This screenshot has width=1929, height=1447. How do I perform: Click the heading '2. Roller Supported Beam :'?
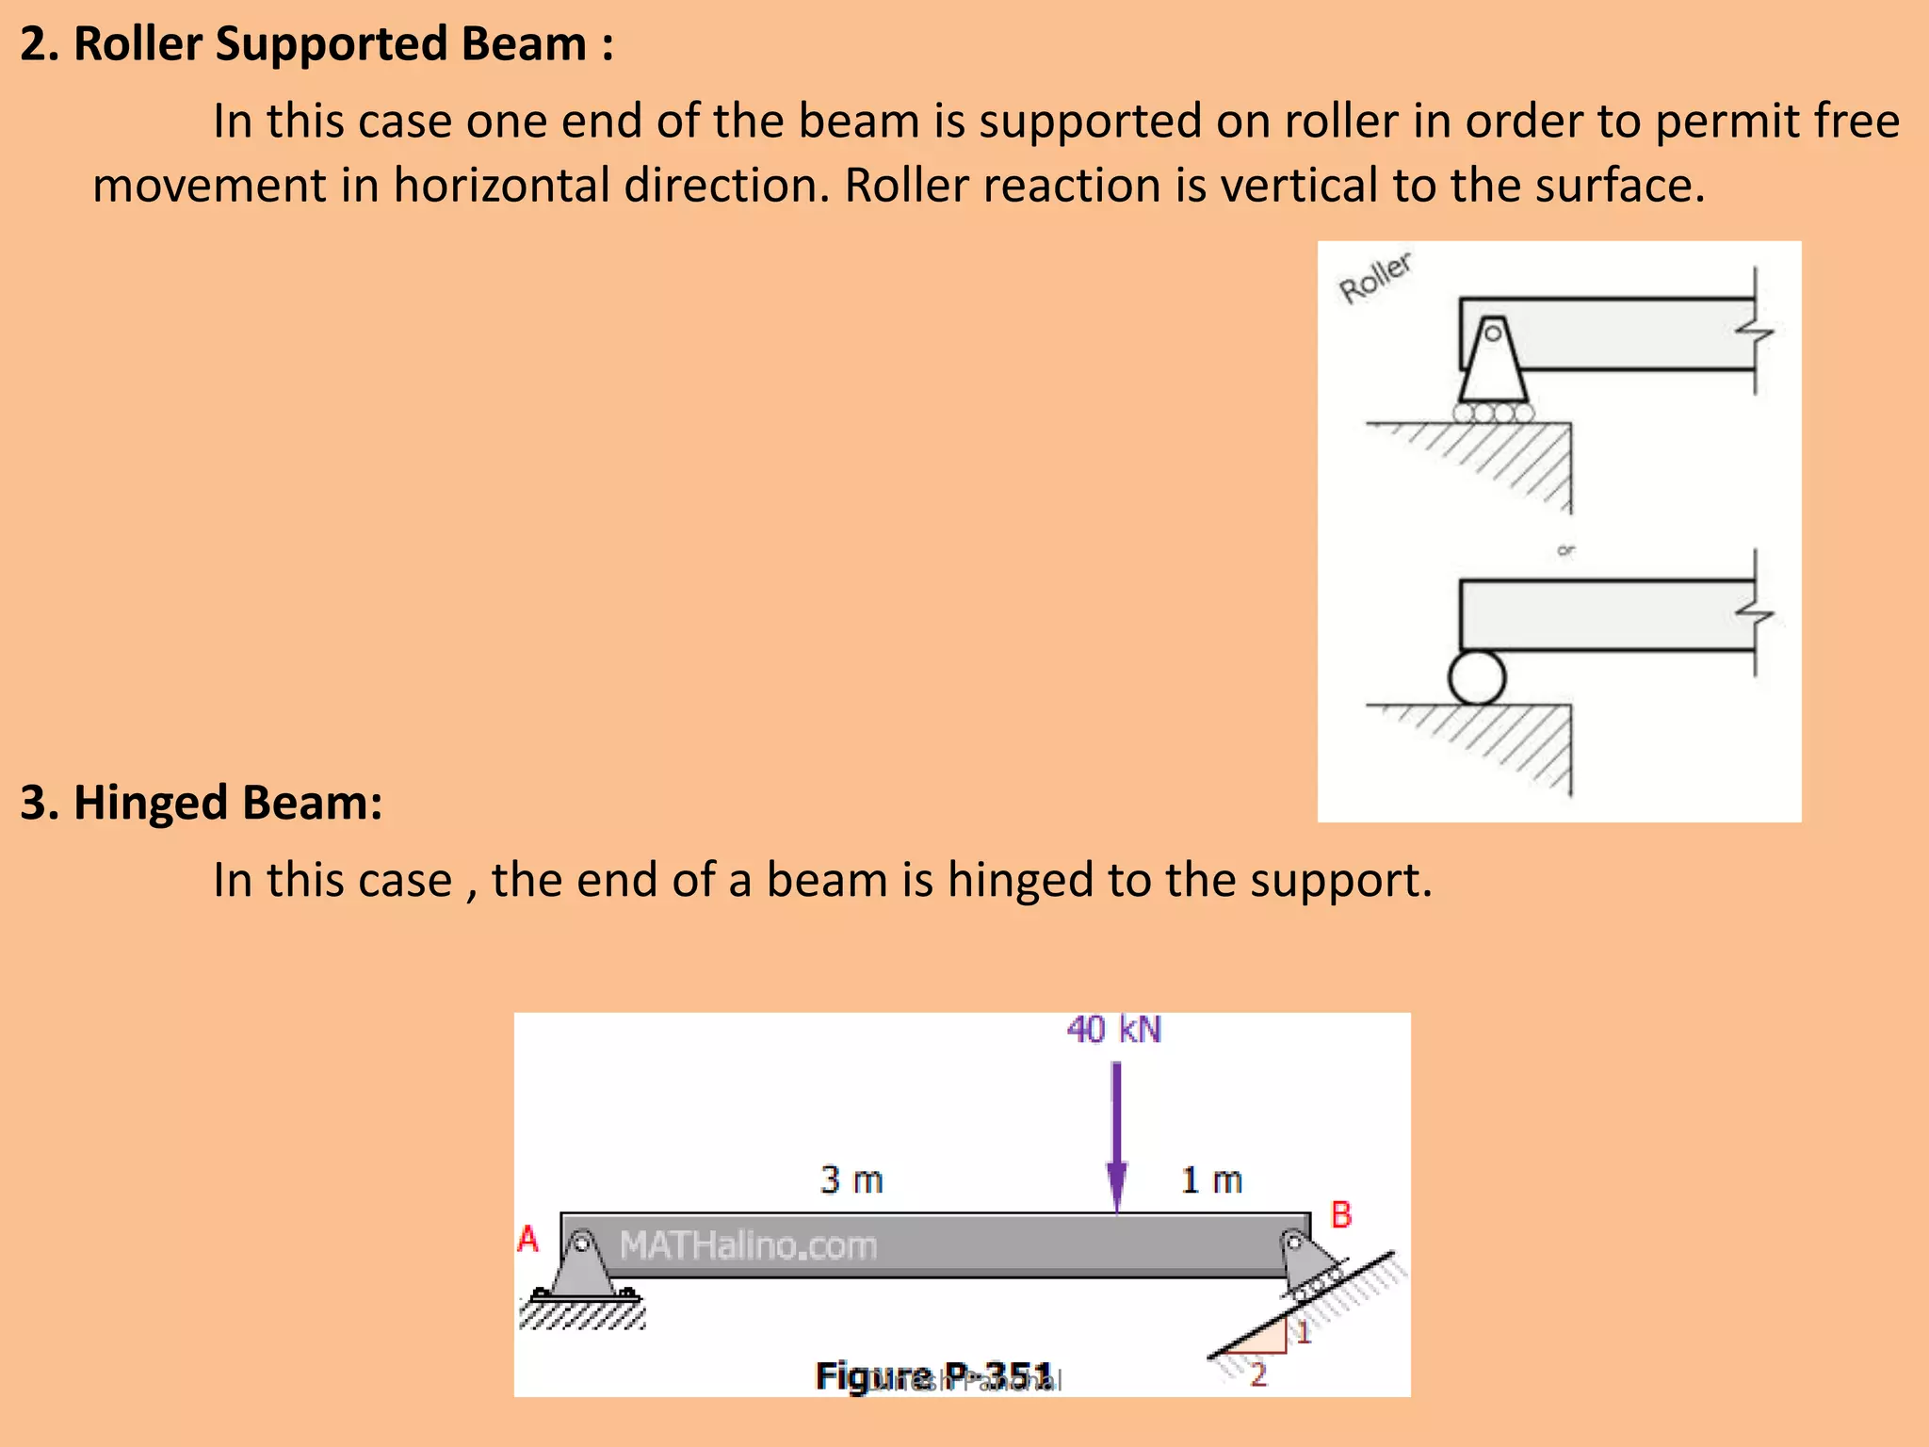pyautogui.click(x=316, y=44)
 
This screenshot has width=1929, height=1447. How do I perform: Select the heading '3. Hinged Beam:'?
pyautogui.click(x=202, y=803)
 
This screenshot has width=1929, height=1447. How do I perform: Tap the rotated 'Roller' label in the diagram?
pyautogui.click(x=1375, y=278)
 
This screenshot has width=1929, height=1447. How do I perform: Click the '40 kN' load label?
pyautogui.click(x=1114, y=1030)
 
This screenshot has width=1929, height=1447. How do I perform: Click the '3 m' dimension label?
pyautogui.click(x=851, y=1179)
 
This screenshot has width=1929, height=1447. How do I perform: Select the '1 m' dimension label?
pyautogui.click(x=1211, y=1179)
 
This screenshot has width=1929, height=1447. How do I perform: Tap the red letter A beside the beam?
pyautogui.click(x=528, y=1239)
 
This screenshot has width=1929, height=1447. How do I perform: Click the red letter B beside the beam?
pyautogui.click(x=1341, y=1215)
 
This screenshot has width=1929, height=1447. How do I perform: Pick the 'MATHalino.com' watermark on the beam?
pyautogui.click(x=748, y=1245)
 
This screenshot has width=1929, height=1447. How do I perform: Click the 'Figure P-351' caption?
pyautogui.click(x=933, y=1376)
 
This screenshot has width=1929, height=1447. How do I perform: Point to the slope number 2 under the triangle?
pyautogui.click(x=1258, y=1374)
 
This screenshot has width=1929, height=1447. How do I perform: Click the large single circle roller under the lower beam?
pyautogui.click(x=1477, y=677)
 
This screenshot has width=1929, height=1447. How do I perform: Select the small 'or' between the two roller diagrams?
pyautogui.click(x=1565, y=550)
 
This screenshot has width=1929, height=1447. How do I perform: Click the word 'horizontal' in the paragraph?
pyautogui.click(x=501, y=185)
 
